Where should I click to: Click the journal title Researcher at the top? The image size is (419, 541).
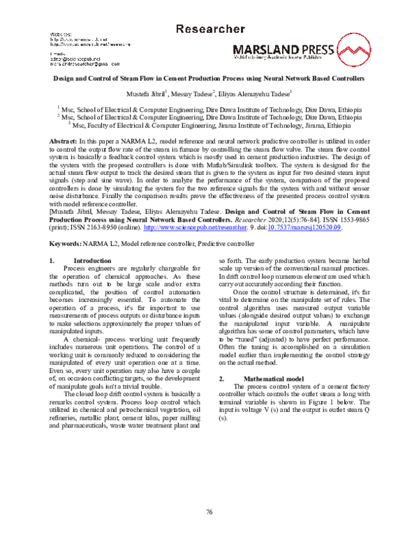209,29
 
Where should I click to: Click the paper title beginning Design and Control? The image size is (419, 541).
209,79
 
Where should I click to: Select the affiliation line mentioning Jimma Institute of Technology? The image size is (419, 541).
209,126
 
